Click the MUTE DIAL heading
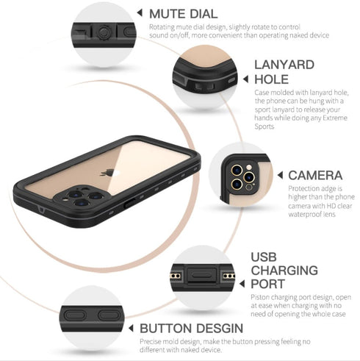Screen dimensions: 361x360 [183, 13]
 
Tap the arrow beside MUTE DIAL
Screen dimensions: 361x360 [140, 13]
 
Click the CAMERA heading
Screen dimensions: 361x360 [314, 175]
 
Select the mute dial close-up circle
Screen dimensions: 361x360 [104, 31]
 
